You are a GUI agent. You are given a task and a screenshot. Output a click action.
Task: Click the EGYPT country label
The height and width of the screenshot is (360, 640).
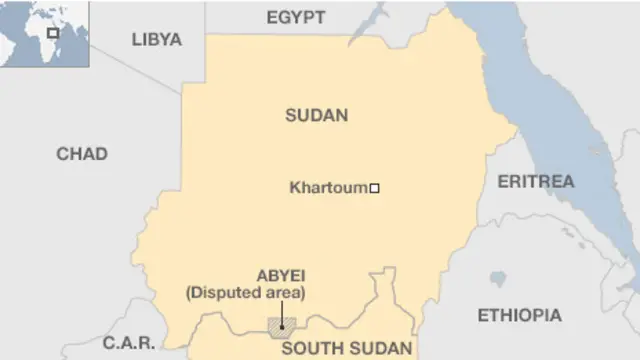pos(296,17)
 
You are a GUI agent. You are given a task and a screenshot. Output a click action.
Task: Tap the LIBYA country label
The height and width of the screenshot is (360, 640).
pos(156,39)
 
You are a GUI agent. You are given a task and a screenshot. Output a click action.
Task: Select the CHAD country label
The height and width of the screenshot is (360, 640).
pos(82,154)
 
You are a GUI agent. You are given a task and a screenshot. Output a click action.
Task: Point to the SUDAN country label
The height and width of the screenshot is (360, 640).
pos(316,115)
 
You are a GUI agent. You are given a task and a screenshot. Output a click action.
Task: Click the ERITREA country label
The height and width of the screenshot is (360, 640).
pos(535,181)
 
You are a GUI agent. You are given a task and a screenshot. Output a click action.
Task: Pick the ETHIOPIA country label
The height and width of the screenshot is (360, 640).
pos(519,315)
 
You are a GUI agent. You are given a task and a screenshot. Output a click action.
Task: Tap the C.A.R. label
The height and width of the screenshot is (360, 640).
pos(130,343)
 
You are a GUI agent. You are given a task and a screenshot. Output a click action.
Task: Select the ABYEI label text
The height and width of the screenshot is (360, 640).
pos(281,274)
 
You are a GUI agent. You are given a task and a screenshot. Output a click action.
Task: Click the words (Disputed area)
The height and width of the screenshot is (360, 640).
pos(245,292)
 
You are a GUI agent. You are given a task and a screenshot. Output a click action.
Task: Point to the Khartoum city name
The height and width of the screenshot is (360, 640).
pos(327,187)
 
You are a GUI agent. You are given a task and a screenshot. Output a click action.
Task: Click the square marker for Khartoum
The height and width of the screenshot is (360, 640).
pos(375,187)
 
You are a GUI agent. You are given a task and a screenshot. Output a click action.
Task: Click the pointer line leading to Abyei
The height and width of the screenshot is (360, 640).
pos(282,312)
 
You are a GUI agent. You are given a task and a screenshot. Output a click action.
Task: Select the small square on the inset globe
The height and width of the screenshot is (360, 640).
pos(52,33)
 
